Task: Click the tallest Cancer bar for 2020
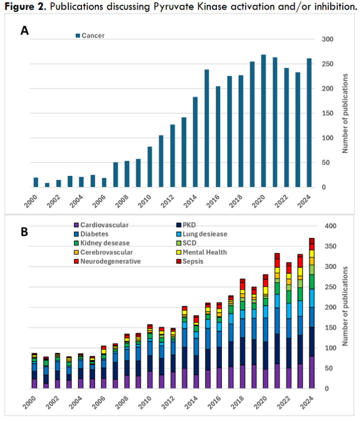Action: coord(263,121)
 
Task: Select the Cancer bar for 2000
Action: coord(36,182)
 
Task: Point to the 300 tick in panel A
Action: coord(328,39)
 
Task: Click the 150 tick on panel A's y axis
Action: coord(328,113)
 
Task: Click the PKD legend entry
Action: coord(189,225)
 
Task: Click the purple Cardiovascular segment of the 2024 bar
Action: coord(312,372)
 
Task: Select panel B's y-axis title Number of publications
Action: coord(347,307)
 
